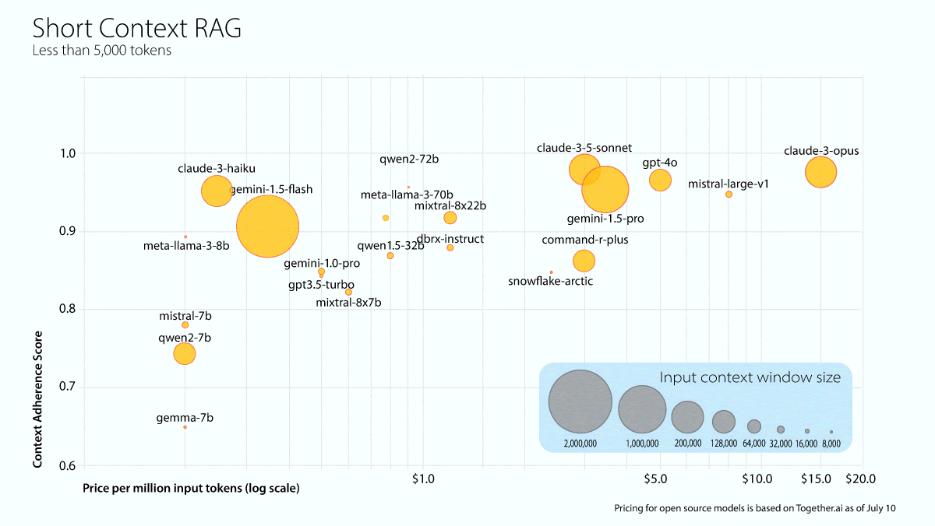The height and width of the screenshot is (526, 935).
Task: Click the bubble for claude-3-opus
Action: pyautogui.click(x=820, y=172)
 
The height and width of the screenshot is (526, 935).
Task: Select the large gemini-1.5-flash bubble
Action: pyautogui.click(x=267, y=226)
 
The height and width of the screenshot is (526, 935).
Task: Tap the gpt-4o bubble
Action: pyautogui.click(x=660, y=180)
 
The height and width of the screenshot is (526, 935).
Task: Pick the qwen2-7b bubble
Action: pyautogui.click(x=185, y=353)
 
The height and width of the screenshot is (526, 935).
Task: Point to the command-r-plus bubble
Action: pyautogui.click(x=584, y=261)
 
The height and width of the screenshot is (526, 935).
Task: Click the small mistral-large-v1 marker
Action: pyautogui.click(x=729, y=195)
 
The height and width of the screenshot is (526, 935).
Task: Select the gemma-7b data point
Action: pyautogui.click(x=185, y=427)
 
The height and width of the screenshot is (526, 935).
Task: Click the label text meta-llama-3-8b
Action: pyautogui.click(x=186, y=246)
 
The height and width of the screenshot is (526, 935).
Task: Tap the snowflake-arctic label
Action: pyautogui.click(x=550, y=281)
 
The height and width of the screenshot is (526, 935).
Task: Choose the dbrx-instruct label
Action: pyautogui.click(x=450, y=239)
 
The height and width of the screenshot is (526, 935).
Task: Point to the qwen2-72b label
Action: pyautogui.click(x=409, y=160)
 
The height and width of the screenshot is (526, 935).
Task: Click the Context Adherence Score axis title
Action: pyautogui.click(x=37, y=401)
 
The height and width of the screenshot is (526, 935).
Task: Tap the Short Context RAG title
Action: pyautogui.click(x=136, y=29)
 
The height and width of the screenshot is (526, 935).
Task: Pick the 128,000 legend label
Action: pyautogui.click(x=724, y=444)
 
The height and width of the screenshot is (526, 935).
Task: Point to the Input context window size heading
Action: pyautogui.click(x=750, y=377)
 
